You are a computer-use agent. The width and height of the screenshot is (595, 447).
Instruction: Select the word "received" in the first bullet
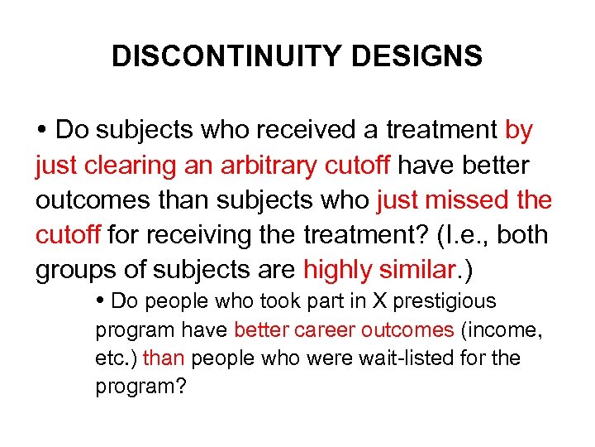point(312,131)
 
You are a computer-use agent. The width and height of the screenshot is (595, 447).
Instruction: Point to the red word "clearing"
point(135,166)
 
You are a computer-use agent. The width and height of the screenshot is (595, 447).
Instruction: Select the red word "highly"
point(342,270)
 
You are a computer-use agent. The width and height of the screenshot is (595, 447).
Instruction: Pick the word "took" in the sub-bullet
point(242,300)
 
